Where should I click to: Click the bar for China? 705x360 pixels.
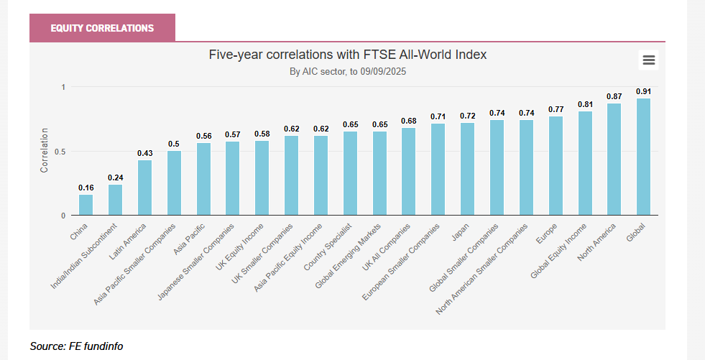[x=86, y=205]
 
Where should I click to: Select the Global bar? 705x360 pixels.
[x=643, y=157]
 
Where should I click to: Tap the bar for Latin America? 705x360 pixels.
[x=144, y=188]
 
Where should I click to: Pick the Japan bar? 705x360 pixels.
[x=467, y=169]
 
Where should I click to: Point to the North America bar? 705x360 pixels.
[x=614, y=159]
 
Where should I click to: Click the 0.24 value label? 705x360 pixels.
[x=115, y=177]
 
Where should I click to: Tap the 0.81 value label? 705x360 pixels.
[x=585, y=104]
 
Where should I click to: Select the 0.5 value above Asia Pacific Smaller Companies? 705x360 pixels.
[x=174, y=144]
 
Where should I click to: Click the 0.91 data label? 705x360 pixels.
[x=643, y=91]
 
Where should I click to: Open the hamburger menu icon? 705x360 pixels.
[x=648, y=60]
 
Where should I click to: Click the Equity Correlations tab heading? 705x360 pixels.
[x=102, y=28]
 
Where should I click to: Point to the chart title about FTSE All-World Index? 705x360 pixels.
[x=348, y=55]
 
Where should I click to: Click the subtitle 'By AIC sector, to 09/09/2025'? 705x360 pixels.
[x=348, y=72]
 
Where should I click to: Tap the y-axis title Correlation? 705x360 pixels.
[x=45, y=150]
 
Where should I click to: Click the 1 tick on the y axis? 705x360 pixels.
[x=63, y=87]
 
